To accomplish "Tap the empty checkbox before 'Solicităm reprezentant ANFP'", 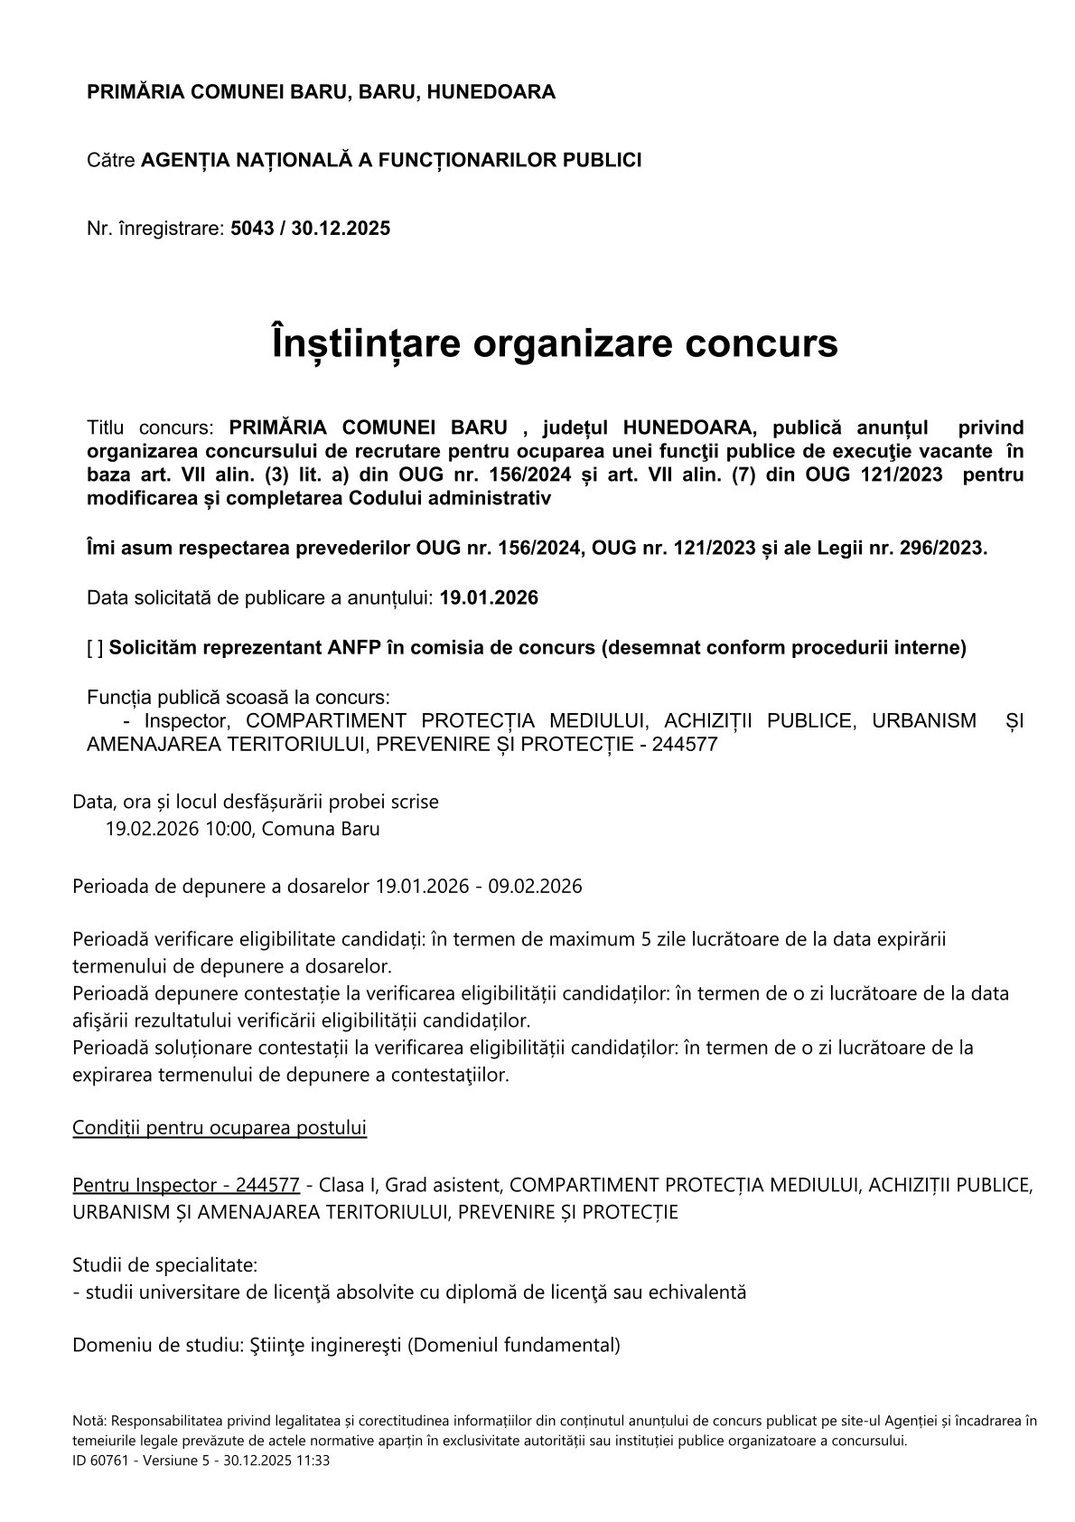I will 95,648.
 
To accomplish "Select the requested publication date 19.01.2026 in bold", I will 489,598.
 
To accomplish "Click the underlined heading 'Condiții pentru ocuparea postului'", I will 220,1128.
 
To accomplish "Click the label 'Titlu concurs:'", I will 150,427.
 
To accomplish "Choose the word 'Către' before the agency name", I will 111,161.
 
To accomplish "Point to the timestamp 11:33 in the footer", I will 315,1460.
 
